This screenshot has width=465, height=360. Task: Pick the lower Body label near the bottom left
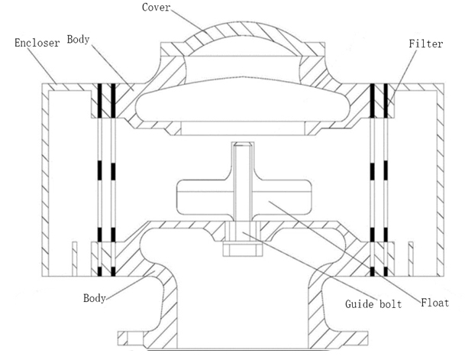tap(94, 297)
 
